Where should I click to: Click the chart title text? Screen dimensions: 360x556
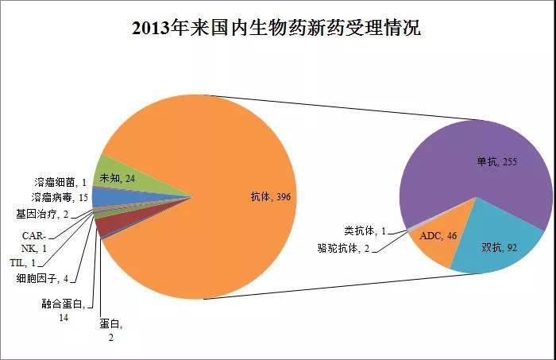click(x=277, y=29)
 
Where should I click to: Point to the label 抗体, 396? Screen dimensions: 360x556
click(x=273, y=196)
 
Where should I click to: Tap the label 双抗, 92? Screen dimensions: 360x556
click(x=500, y=247)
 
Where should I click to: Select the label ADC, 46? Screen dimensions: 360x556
click(x=435, y=236)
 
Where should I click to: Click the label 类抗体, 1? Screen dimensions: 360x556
click(x=365, y=230)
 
